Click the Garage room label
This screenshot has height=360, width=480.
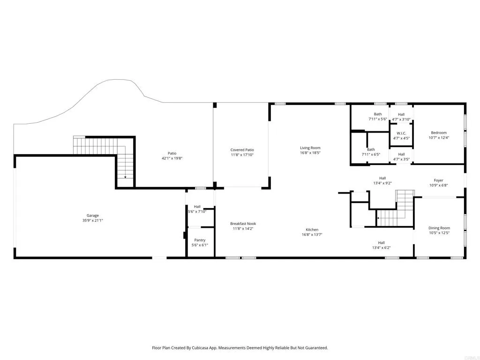coord(92,216)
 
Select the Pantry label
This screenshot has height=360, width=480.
coord(200,240)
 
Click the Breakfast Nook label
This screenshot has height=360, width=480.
coord(243,224)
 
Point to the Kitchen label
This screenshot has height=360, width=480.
coord(312,230)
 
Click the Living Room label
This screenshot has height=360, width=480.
coord(310,148)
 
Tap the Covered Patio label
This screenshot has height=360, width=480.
coord(242,150)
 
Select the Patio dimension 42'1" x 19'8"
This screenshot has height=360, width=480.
coord(172,158)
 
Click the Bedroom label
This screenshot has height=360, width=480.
coord(439,133)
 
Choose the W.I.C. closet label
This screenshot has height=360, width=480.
coord(401,133)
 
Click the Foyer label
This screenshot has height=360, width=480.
coord(438,180)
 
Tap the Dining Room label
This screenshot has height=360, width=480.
coord(439,228)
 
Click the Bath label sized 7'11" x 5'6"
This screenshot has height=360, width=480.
coord(378,114)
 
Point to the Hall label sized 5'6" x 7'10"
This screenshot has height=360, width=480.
coord(197,206)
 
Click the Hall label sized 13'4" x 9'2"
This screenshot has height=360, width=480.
coord(382,178)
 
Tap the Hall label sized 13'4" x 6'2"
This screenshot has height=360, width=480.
coord(381,242)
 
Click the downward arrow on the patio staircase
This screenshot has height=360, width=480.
coord(125,177)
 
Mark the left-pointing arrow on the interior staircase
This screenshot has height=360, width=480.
coord(377,217)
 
